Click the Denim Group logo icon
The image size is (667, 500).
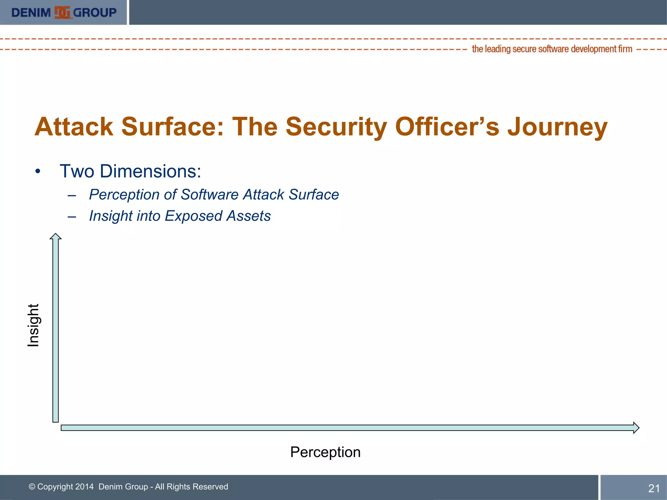point(62,12)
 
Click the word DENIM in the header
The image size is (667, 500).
point(31,13)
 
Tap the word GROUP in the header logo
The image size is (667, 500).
point(95,13)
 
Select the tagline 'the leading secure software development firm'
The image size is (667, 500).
point(552,49)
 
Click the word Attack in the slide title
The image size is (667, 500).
point(74,127)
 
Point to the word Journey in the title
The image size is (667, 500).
point(557,127)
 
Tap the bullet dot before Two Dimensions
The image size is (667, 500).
point(38,172)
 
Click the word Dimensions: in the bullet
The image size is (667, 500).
point(150,171)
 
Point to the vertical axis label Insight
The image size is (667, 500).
point(33,325)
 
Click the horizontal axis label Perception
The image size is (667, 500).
point(325,452)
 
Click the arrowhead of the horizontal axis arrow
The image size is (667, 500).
point(636,428)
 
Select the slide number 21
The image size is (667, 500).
point(654,488)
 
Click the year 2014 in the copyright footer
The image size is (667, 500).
point(84,487)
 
